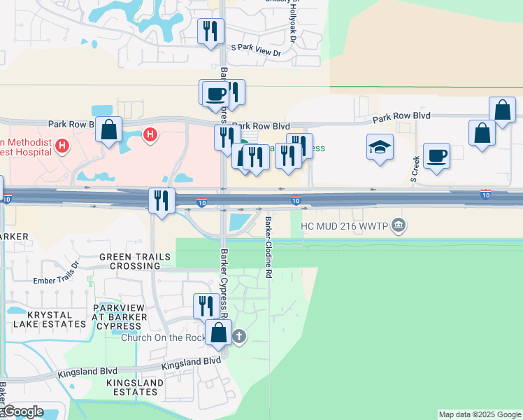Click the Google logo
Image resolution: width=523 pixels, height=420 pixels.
pos(23,412)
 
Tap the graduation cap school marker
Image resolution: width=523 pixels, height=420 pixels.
pos(380,148)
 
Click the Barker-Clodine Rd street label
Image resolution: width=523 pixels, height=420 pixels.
pos(268,248)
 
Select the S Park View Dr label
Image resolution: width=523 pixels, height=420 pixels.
pos(255,52)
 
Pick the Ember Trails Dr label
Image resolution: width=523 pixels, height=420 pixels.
pos(57,281)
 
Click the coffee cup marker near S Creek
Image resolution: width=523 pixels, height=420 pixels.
pos(436,156)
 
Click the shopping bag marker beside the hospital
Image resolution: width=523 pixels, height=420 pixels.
pos(108,129)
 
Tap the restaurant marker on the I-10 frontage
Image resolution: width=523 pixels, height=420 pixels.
pos(161,201)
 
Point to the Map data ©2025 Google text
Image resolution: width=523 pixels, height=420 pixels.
pos(480,414)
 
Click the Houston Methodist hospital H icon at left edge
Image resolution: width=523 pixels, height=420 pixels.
pos(63,146)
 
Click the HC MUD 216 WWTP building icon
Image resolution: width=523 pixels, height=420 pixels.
pos(399,225)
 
